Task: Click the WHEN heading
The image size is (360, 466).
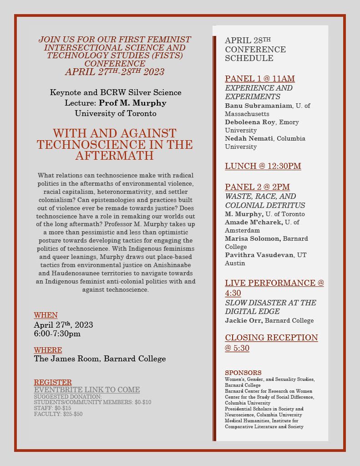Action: [46, 315]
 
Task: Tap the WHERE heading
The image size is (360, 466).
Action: [48, 350]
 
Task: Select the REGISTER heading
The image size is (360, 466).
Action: [53, 382]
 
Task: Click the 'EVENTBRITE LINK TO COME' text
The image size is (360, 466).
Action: [87, 390]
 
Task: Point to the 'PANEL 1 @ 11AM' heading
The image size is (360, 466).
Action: [260, 78]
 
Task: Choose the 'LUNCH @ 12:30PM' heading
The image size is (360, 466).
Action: [263, 166]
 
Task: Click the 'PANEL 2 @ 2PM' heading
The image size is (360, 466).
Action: [257, 187]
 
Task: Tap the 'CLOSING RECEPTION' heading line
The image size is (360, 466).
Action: [271, 338]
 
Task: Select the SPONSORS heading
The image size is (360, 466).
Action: [243, 373]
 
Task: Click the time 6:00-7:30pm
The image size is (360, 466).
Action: [57, 334]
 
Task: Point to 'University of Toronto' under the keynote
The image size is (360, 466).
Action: [115, 113]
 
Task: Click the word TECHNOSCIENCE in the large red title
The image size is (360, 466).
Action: [90, 145]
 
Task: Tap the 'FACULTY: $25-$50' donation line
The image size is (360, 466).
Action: [58, 414]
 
